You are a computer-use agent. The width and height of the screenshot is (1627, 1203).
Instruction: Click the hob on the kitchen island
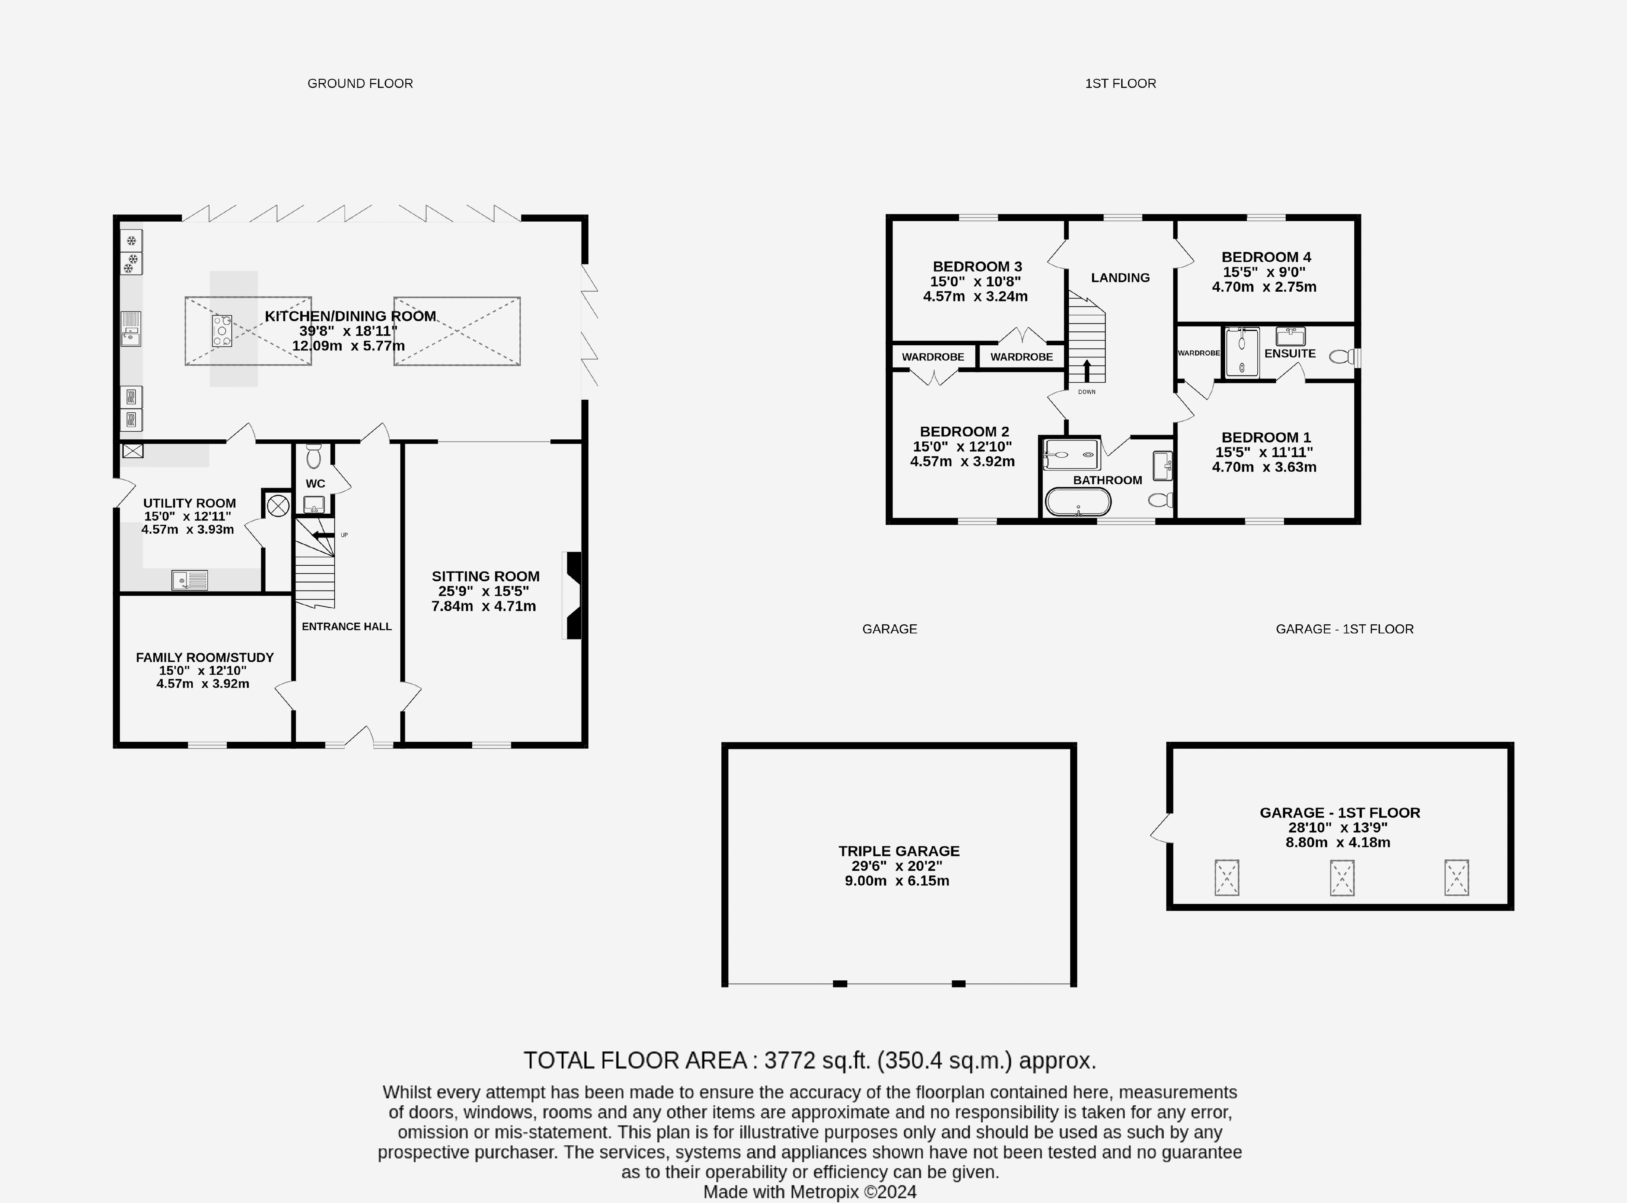[x=222, y=331]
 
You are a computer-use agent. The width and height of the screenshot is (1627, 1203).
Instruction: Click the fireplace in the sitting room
[x=573, y=596]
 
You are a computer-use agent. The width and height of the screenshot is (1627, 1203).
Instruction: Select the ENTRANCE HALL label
[x=347, y=626]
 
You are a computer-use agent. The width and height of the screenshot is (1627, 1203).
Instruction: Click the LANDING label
[x=1120, y=277]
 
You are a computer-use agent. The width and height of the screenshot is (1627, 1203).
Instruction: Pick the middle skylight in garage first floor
[x=1342, y=878]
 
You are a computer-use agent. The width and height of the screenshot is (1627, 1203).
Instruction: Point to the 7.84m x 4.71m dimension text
[x=483, y=606]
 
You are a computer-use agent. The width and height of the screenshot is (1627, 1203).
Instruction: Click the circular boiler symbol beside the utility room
[x=278, y=505]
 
